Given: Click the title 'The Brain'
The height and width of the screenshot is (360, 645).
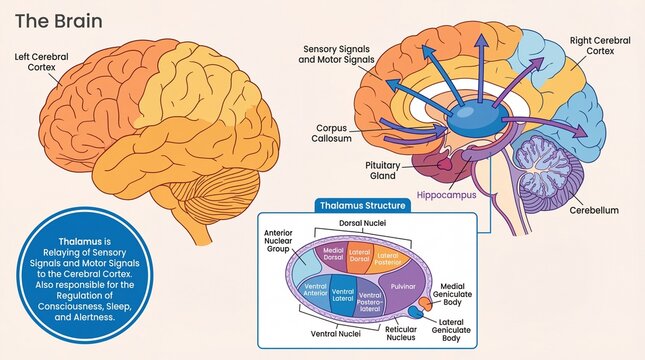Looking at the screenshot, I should coord(49,21).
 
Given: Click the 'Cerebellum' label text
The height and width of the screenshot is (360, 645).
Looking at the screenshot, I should coord(597,211).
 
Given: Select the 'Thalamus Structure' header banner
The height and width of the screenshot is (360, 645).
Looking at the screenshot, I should coord(362,205).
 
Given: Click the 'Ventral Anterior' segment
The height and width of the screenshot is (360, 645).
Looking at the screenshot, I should coord(314,291).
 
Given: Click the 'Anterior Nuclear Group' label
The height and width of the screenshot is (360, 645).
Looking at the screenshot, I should coord(278,242).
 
